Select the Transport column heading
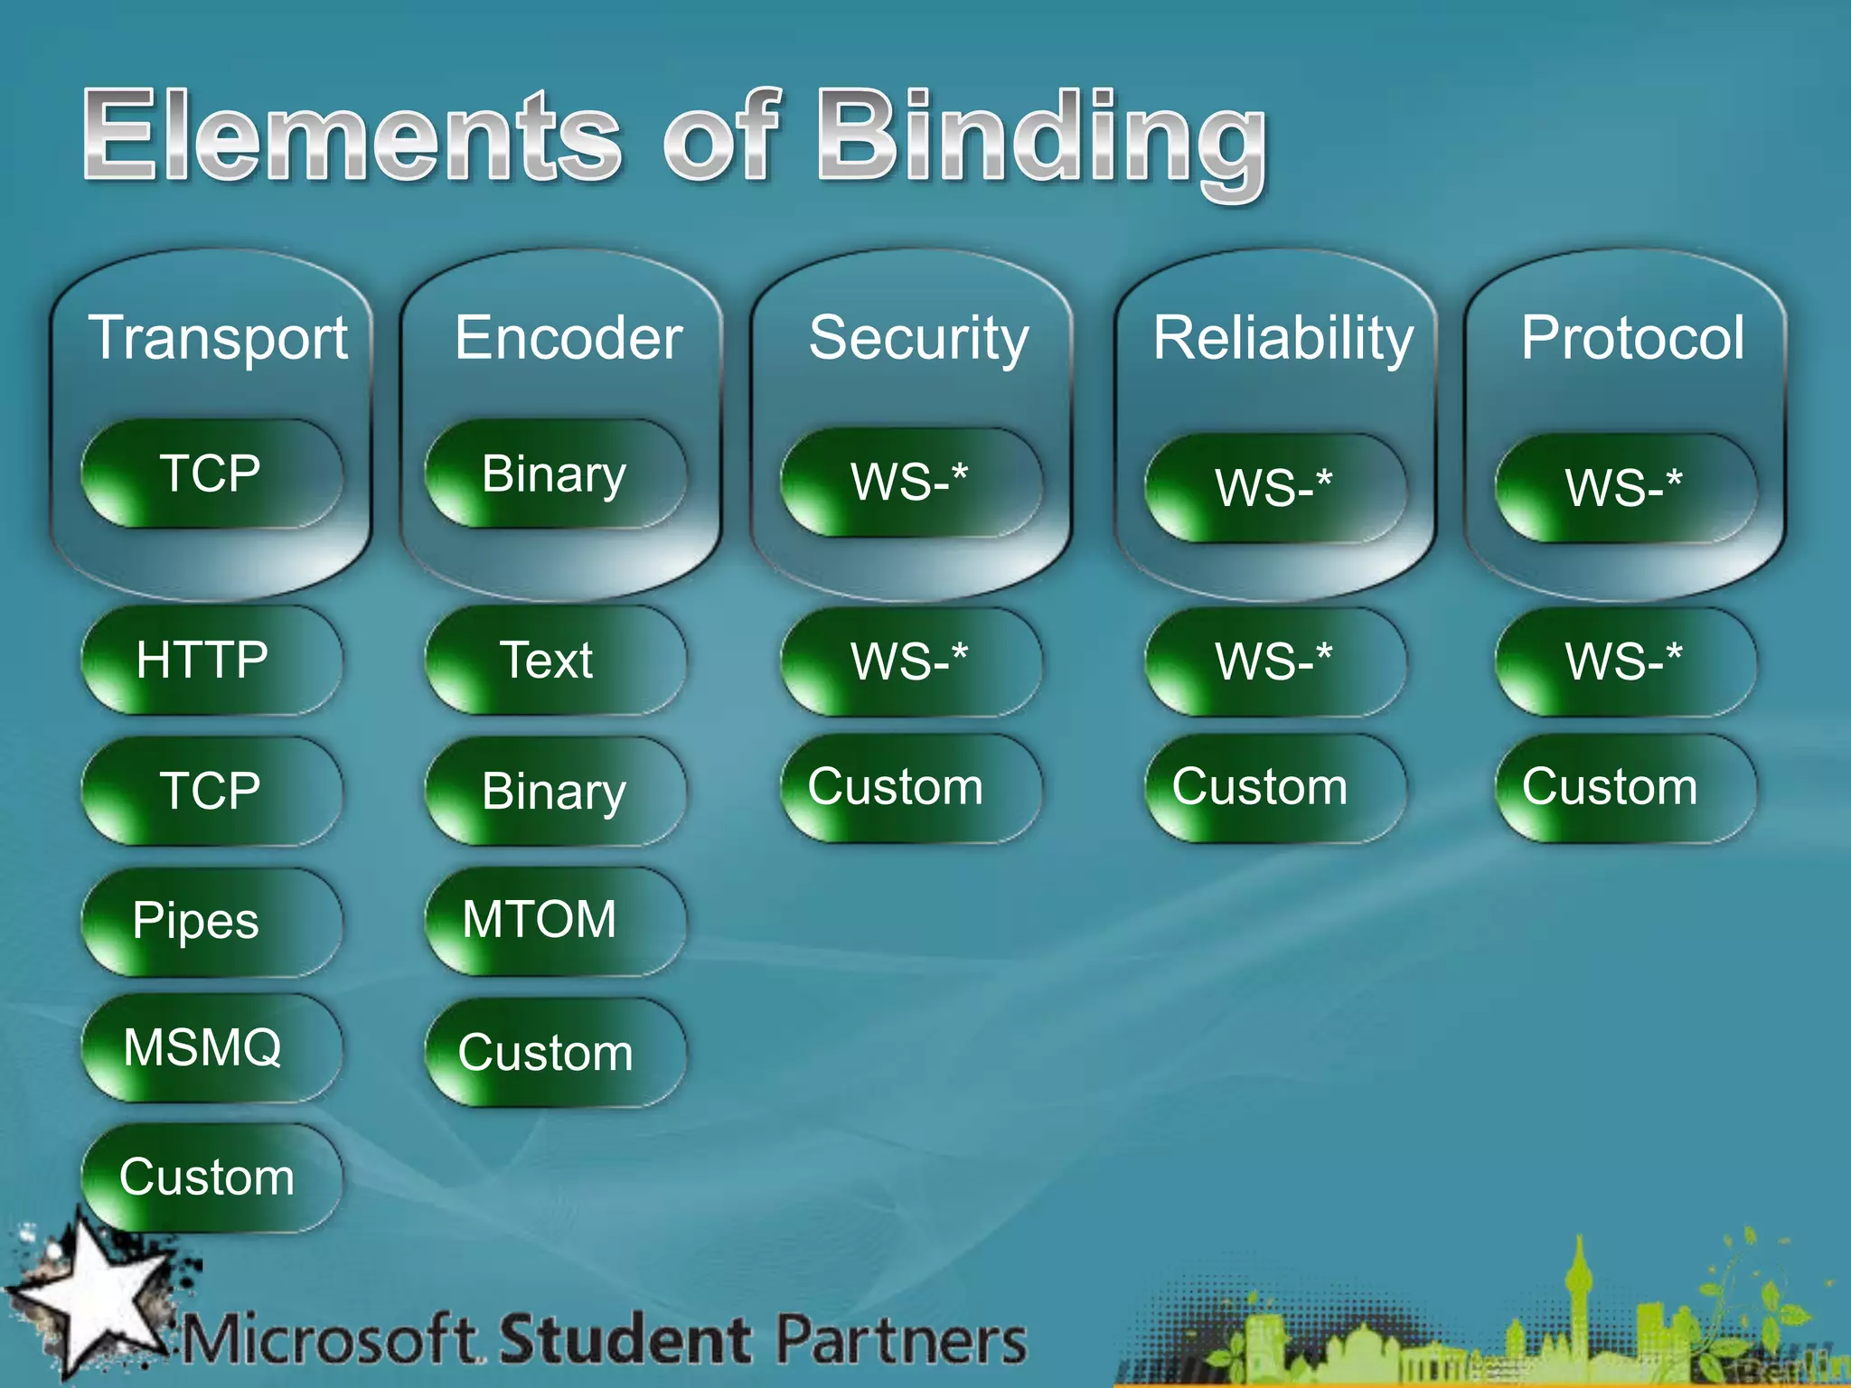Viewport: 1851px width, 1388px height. (x=218, y=338)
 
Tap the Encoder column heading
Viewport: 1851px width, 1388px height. (x=568, y=338)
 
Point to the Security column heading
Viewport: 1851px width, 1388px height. (x=918, y=338)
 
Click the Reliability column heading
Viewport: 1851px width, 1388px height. (x=1283, y=338)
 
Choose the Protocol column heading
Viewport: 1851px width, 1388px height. (x=1632, y=338)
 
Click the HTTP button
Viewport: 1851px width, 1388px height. (x=211, y=660)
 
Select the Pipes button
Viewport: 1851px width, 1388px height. (x=211, y=922)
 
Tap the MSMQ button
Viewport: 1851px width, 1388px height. (x=211, y=1048)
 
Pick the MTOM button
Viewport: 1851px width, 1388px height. (x=554, y=920)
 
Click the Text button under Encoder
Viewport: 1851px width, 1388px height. (x=554, y=660)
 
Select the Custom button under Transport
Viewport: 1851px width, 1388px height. (x=211, y=1177)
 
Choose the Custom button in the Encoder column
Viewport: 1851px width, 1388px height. (x=554, y=1053)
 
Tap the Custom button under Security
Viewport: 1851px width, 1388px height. (x=909, y=787)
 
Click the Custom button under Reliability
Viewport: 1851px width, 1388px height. (x=1273, y=787)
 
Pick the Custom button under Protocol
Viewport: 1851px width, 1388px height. (x=1624, y=787)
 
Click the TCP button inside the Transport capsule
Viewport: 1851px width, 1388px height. (x=211, y=474)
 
